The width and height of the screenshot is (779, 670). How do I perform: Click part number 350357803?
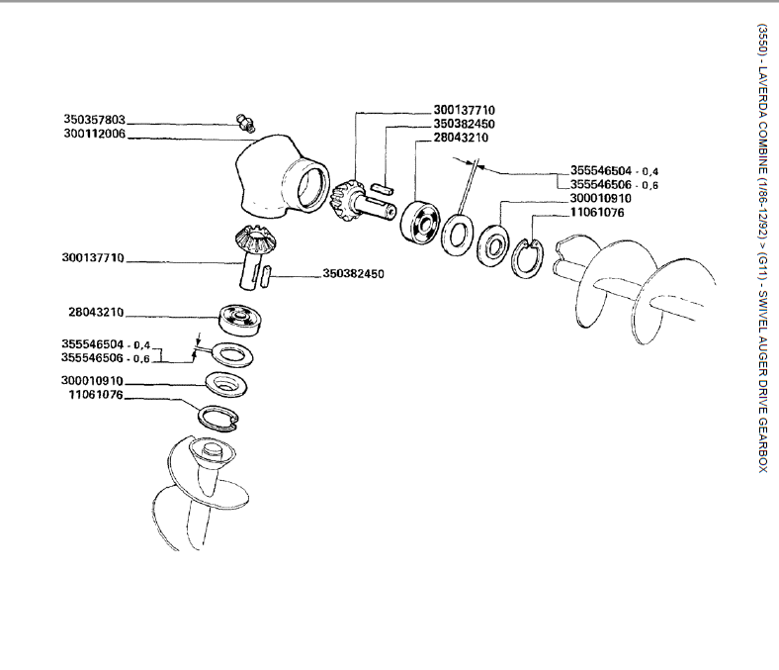point(95,120)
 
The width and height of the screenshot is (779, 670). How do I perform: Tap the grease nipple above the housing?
point(245,123)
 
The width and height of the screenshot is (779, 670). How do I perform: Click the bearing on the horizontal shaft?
point(421,218)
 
